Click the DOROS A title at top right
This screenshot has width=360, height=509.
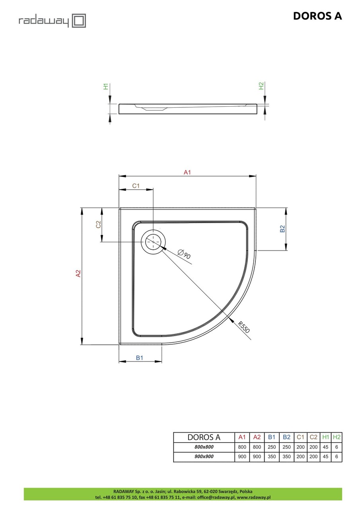(x=317, y=16)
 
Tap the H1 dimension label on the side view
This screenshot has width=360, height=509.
(x=106, y=86)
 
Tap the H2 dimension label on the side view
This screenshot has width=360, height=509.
(x=261, y=86)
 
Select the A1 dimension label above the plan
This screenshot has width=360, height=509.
(x=187, y=172)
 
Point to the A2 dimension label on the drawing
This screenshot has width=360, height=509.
(x=78, y=274)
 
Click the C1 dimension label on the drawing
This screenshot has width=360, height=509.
(x=136, y=186)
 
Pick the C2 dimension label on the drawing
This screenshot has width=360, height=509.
(x=98, y=224)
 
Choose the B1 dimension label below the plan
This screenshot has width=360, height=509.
(x=140, y=358)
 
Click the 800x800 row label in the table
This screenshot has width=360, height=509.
(x=204, y=447)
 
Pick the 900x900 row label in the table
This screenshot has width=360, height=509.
(x=204, y=457)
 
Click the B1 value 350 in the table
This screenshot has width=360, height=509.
(x=272, y=457)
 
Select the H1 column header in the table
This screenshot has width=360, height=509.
(x=325, y=437)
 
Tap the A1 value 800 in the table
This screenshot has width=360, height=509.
(x=242, y=447)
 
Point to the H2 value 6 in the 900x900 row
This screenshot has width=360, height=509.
(x=337, y=457)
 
